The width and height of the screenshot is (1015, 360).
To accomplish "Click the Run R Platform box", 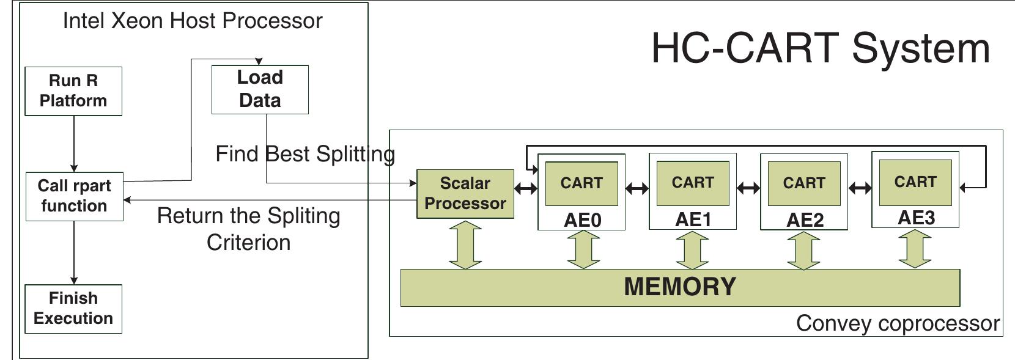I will (73, 91).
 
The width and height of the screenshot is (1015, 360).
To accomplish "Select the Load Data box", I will (260, 89).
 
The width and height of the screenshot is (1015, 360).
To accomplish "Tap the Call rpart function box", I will (74, 196).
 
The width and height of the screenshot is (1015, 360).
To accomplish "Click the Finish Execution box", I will (73, 309).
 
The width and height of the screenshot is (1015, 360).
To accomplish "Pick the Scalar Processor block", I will (465, 194).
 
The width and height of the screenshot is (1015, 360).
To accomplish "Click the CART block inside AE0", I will (581, 183).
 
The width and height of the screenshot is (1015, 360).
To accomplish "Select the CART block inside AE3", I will (915, 182).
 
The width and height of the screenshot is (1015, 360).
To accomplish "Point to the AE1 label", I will (693, 219).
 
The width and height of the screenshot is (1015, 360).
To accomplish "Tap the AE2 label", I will (804, 220).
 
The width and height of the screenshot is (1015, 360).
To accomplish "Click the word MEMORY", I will (680, 287).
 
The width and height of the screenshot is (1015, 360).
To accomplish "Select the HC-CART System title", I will (820, 48).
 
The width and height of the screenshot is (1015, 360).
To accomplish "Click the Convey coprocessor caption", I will (898, 323).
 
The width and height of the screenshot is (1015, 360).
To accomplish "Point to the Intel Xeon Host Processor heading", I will (193, 21).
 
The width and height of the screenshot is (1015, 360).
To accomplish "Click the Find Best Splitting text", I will (305, 154).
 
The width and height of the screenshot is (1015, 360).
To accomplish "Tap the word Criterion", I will (248, 243).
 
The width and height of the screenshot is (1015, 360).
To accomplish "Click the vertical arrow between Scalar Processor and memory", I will (465, 245).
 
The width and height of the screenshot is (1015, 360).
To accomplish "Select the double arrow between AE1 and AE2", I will (748, 188).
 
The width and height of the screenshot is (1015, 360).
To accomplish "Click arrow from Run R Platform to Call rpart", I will (74, 144).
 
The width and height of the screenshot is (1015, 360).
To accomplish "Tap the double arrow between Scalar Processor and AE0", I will (526, 188).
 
